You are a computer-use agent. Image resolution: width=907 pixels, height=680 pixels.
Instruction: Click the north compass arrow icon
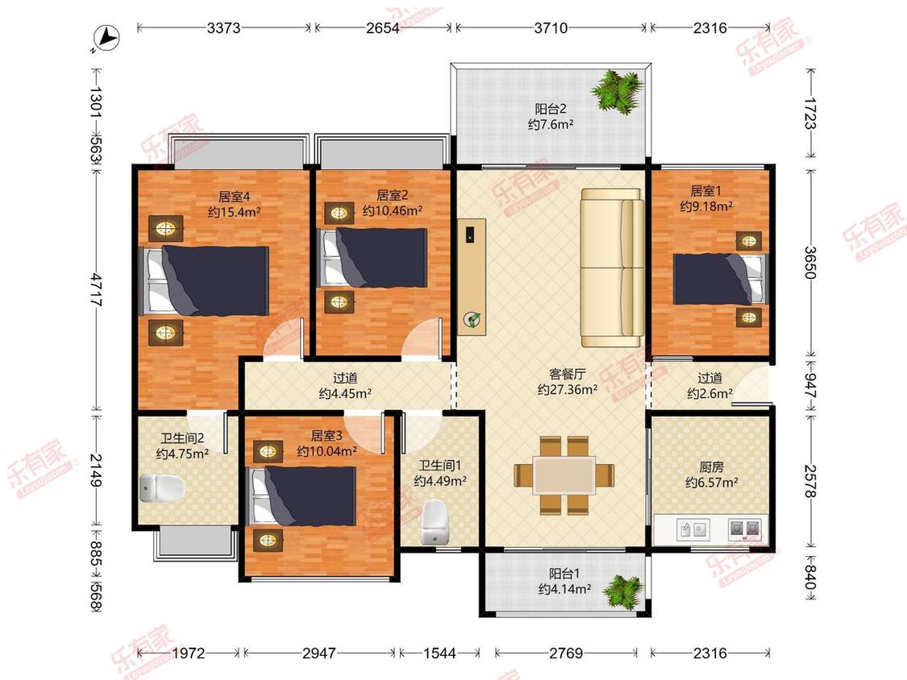coord(106,38)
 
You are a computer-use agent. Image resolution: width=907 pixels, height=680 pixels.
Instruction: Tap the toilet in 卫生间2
coord(162,488)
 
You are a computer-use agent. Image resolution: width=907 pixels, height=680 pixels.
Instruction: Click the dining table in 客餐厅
coord(564,475)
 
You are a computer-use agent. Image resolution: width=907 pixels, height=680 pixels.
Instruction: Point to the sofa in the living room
coord(612,267)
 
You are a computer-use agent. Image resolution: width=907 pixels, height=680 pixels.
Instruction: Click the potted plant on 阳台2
coord(618,90)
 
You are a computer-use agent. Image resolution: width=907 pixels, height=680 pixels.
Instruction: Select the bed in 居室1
coord(721,279)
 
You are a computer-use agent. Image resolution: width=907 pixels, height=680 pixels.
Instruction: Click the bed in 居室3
coord(301,495)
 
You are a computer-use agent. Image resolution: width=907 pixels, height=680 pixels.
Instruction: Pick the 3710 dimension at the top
coord(551,27)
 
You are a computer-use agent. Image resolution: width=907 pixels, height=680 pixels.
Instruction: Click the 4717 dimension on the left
coord(97,290)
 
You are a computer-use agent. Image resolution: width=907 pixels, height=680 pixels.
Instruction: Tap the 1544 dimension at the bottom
coord(439,653)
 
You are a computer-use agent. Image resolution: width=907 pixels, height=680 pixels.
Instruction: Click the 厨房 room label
coord(711,466)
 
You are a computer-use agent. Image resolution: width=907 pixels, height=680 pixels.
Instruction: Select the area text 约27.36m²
coord(568,390)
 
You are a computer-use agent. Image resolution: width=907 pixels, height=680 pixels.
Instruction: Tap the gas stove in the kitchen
coord(744,529)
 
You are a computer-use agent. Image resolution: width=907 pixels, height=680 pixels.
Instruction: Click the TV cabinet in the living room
coord(472,276)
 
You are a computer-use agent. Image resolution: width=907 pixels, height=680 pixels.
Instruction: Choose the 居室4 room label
coord(234,197)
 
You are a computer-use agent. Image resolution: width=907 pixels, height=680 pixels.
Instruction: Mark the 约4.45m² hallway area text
coord(345,394)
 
